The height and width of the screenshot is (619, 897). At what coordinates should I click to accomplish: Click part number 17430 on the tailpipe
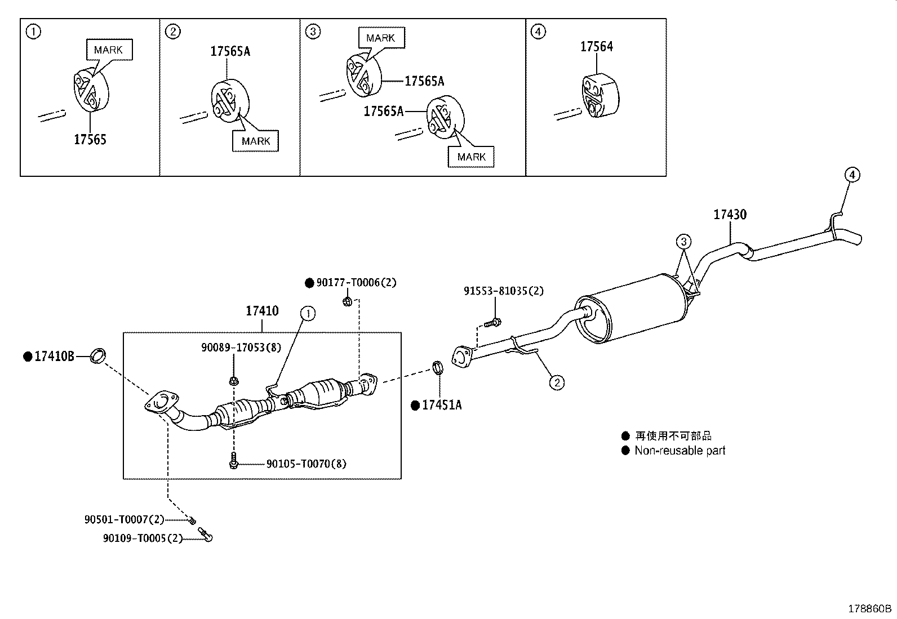point(730,215)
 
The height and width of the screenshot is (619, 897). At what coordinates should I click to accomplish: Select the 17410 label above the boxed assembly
point(262,311)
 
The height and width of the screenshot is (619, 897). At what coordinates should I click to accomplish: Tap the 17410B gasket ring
point(99,356)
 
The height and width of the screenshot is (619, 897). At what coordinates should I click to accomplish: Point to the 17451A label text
point(442,405)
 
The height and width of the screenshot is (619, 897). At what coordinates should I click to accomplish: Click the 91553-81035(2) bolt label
point(504,291)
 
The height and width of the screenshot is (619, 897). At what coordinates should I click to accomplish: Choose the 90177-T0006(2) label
point(356,283)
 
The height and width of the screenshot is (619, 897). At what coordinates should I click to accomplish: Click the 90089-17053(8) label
point(241,348)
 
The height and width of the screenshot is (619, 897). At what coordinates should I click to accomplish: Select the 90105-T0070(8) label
point(306,464)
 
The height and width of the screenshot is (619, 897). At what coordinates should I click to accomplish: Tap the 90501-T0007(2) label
point(125,519)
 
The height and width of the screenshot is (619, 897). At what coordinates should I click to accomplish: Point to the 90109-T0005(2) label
point(143,538)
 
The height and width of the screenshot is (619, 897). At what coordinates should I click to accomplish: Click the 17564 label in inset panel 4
point(597,47)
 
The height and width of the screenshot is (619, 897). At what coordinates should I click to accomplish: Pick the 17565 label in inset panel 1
point(90,140)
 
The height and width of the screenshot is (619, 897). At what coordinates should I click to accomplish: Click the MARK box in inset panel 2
point(255,141)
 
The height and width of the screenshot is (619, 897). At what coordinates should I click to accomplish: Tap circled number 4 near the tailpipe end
point(852,175)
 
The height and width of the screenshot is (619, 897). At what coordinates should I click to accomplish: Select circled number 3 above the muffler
point(683,242)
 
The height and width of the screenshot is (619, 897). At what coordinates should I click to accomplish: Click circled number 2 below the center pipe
point(556,383)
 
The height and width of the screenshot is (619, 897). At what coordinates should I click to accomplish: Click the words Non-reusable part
point(680,451)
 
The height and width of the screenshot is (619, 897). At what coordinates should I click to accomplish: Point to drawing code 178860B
point(870,608)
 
